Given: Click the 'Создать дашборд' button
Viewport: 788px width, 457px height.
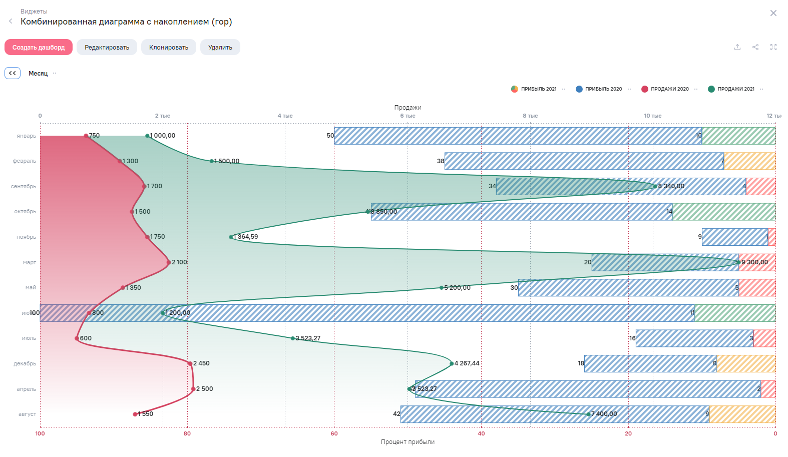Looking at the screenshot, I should pyautogui.click(x=39, y=48).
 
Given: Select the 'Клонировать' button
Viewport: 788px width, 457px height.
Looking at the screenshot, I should pyautogui.click(x=168, y=48).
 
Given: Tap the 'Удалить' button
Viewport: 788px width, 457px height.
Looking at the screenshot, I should pyautogui.click(x=220, y=48).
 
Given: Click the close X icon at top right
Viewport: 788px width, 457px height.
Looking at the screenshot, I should pyautogui.click(x=773, y=13).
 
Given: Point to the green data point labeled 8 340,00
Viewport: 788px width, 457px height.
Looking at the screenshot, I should pyautogui.click(x=655, y=186).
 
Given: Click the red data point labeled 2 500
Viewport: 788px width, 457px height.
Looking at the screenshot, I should pyautogui.click(x=193, y=389).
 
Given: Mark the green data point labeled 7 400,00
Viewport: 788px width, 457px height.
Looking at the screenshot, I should pyautogui.click(x=588, y=414).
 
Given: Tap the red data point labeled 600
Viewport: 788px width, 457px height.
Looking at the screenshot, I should pyautogui.click(x=77, y=338).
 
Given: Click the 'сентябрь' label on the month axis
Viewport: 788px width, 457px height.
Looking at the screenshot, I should pyautogui.click(x=24, y=186).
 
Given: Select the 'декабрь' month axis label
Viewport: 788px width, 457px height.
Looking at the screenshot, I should pyautogui.click(x=25, y=363).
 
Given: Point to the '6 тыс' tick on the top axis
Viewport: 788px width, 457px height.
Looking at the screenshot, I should pyautogui.click(x=408, y=116).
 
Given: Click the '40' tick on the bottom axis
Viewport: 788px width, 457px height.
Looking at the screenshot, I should pyautogui.click(x=481, y=433).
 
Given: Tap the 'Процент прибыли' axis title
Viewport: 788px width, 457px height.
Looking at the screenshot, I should pyautogui.click(x=408, y=442).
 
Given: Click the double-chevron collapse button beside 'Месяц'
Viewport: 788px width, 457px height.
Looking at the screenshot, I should pyautogui.click(x=13, y=73).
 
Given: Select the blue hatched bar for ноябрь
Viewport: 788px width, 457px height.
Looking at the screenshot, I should pyautogui.click(x=734, y=237).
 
